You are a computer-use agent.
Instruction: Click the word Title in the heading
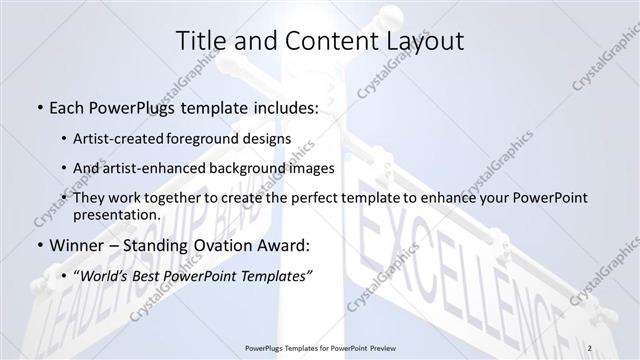(x=199, y=41)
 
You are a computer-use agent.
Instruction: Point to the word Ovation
(x=229, y=244)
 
